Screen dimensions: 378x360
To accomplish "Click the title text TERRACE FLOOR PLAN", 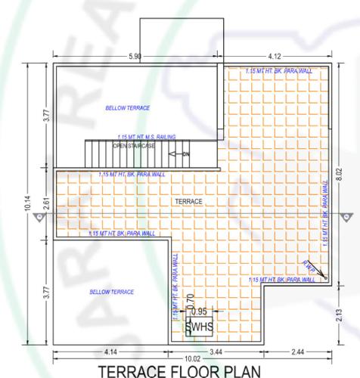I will (x=180, y=370).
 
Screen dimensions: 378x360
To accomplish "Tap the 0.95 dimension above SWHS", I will (x=199, y=311).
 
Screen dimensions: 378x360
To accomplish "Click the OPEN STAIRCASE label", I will (x=133, y=145).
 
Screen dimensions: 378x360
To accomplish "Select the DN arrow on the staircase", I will (x=180, y=154).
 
